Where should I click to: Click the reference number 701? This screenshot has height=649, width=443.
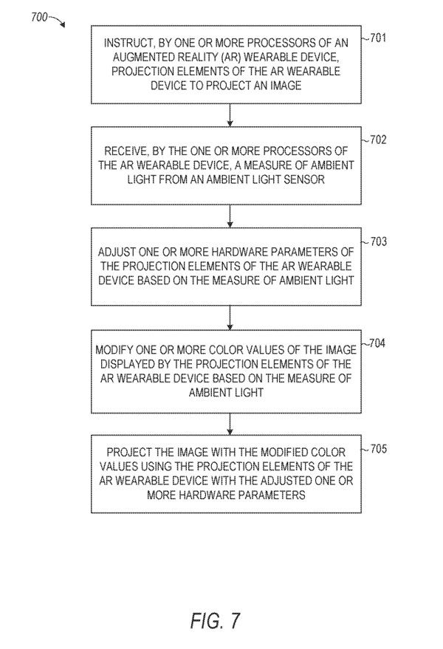tap(378, 38)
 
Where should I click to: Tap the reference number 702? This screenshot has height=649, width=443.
tap(379, 140)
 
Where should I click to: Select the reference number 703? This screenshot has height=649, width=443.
tap(379, 241)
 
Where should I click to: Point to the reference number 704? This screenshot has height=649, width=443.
tap(377, 343)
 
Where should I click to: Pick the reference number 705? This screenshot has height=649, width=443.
tap(379, 449)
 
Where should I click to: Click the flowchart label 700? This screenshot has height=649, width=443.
tap(39, 17)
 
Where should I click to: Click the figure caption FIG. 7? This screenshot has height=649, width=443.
tap(216, 621)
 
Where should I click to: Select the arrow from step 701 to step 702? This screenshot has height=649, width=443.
tap(230, 114)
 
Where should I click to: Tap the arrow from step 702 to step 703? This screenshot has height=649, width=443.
tap(230, 216)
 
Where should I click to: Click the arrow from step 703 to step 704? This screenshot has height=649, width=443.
tap(230, 317)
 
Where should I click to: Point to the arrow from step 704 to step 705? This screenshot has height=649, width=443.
tap(230, 424)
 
